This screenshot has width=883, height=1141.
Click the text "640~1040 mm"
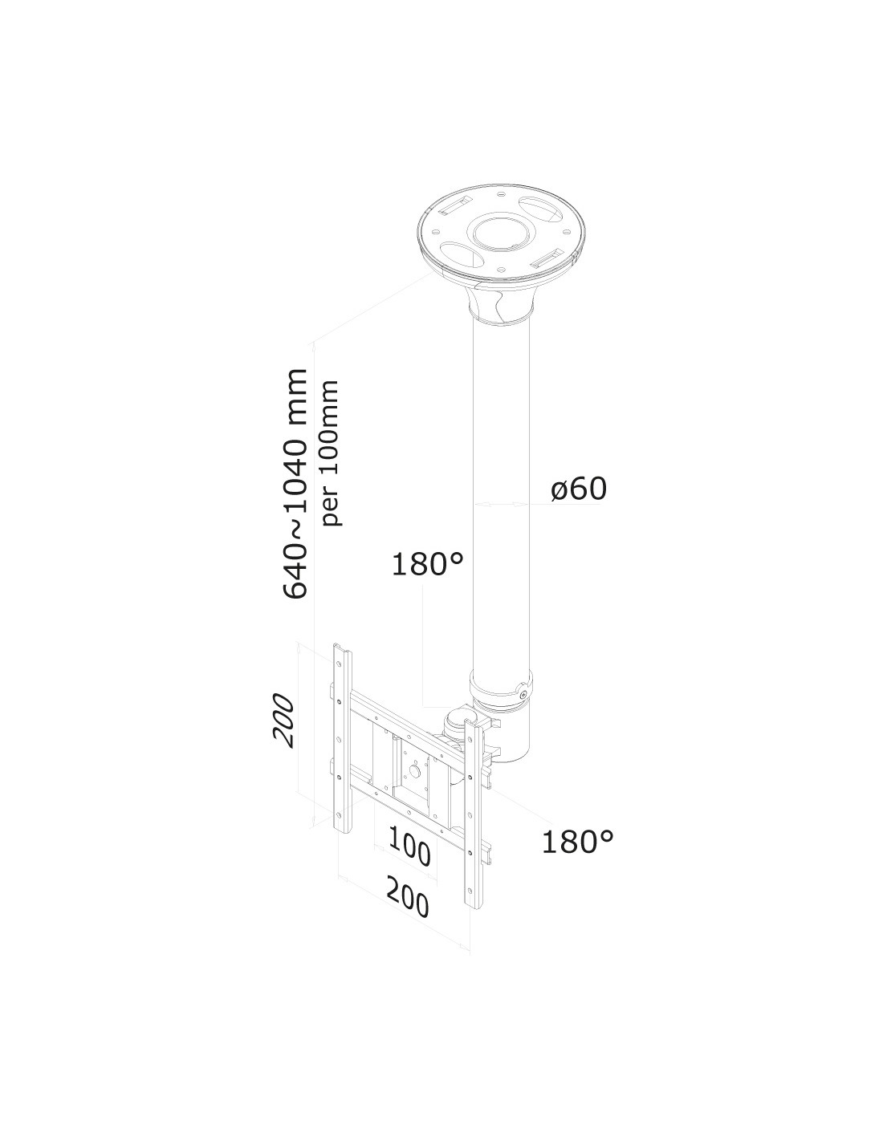coord(295,483)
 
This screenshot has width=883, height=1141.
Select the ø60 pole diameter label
coord(578,489)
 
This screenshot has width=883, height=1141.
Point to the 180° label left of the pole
coord(428,564)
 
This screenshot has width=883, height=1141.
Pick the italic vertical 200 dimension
coord(282,721)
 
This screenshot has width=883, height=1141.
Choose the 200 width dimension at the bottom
coord(407,900)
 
